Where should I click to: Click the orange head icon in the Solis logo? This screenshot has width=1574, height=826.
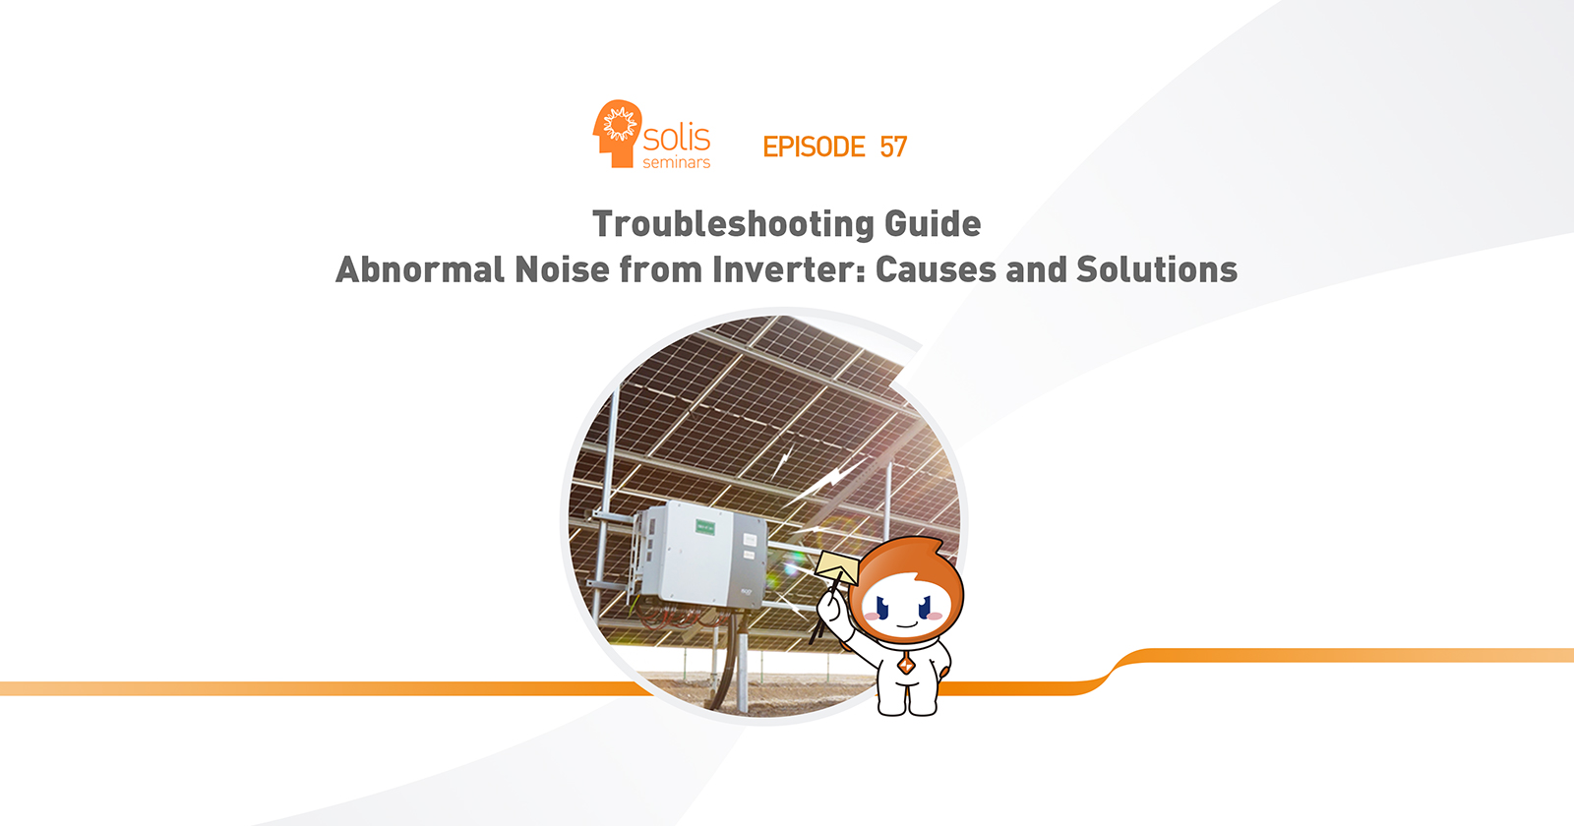click(617, 134)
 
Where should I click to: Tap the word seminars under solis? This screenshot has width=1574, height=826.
click(676, 162)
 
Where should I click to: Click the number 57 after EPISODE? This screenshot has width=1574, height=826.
click(893, 147)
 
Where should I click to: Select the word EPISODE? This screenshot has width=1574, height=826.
click(814, 147)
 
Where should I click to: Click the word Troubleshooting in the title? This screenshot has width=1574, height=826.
click(733, 225)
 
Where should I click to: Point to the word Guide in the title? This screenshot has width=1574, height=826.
click(933, 224)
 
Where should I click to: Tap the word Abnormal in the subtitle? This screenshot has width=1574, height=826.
click(419, 269)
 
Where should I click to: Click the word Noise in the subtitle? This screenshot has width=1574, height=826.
click(562, 269)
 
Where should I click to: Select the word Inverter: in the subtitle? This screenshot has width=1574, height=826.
click(788, 269)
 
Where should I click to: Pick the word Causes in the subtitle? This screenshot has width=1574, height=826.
click(936, 269)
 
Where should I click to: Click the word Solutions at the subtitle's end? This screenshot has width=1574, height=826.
click(1157, 269)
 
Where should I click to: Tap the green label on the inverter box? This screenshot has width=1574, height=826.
click(704, 527)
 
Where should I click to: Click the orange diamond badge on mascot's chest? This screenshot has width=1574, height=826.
click(906, 663)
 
